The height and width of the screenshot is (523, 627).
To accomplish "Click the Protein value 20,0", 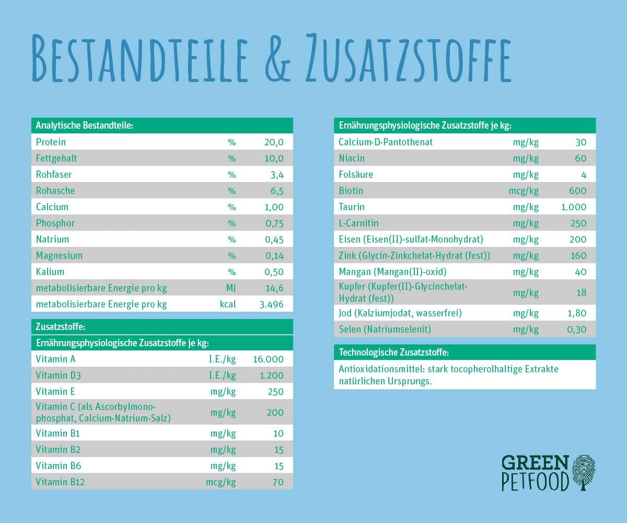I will coord(273,142).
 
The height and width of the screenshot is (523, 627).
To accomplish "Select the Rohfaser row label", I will coord(54,174).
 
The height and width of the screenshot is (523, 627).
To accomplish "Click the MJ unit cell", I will coord(230,288).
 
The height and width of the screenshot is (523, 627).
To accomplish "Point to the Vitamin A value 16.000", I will coord(268,359).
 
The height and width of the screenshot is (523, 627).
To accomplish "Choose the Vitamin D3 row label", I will coord(59,376).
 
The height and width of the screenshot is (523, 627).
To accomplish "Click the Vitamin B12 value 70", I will coord(278,482).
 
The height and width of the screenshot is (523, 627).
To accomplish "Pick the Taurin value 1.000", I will coord(574,207).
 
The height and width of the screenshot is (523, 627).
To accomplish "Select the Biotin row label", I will coord(351,190).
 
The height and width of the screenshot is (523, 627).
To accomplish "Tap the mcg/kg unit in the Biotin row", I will coord(524,191).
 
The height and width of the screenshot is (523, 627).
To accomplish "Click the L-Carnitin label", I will coord(358,223).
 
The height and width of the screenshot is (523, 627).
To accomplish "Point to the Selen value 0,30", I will coord(576,329).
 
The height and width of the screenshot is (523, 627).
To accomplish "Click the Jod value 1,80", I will coord(576,313).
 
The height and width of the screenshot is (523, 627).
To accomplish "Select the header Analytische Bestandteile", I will coord(84,126).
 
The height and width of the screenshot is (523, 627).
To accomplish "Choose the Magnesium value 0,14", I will coord(274,255).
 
